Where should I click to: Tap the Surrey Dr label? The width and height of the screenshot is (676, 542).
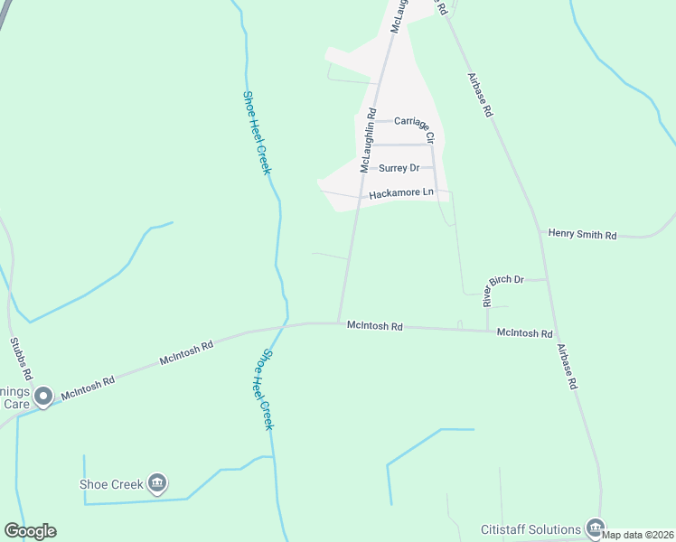tap(399, 168)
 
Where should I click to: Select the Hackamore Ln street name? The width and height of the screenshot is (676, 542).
tap(401, 193)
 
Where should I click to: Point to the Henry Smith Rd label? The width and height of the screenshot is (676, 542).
tap(582, 235)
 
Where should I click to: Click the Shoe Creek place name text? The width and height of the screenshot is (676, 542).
tap(110, 484)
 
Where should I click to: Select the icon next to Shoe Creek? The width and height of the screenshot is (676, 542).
tap(157, 483)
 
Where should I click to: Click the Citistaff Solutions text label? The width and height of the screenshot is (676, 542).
tap(530, 529)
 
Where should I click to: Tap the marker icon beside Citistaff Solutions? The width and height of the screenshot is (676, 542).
tap(594, 527)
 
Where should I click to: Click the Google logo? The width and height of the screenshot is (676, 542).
tap(30, 531)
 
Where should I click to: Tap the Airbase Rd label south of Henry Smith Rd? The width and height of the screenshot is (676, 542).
tap(567, 366)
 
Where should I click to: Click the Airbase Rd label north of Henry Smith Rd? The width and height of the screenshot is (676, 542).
tap(480, 95)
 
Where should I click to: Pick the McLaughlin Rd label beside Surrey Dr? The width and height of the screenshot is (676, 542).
tap(367, 140)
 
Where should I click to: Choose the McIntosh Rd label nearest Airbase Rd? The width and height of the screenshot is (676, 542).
tap(524, 333)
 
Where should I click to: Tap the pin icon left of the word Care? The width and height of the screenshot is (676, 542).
tap(42, 396)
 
